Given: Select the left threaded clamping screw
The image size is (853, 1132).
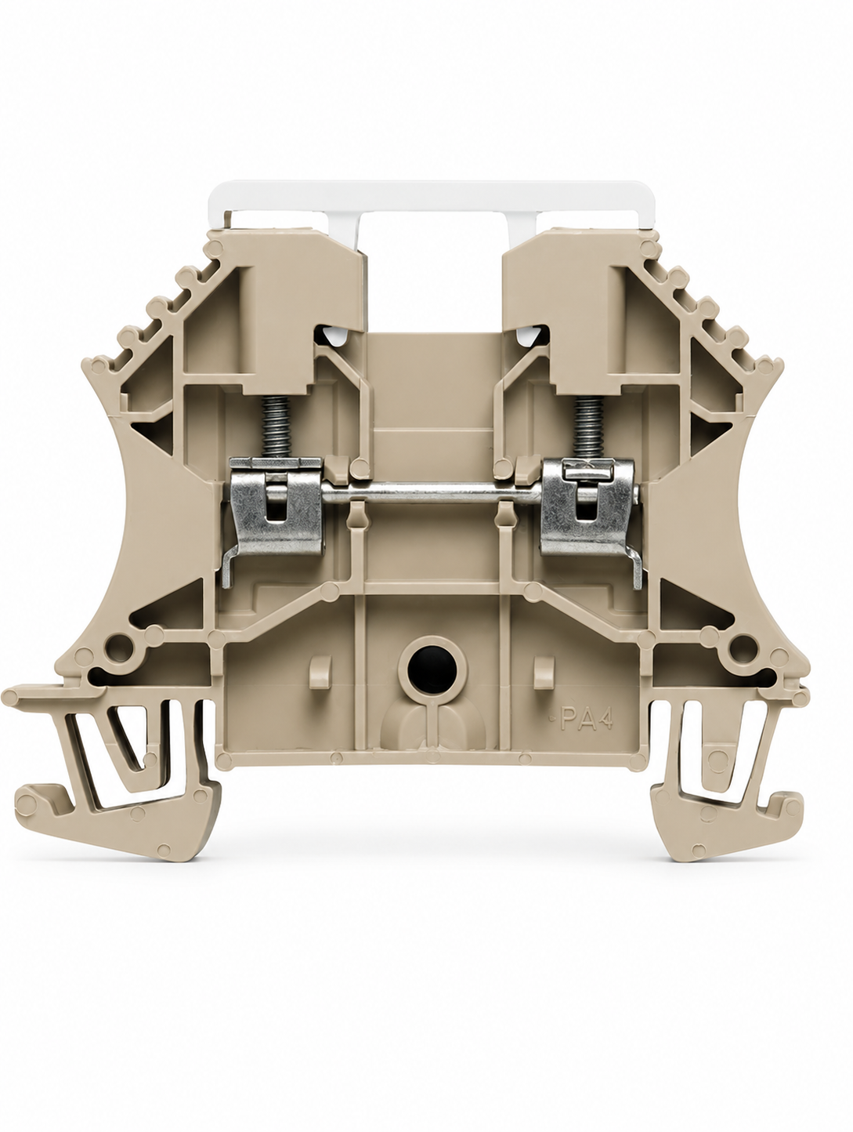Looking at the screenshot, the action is pyautogui.click(x=276, y=429).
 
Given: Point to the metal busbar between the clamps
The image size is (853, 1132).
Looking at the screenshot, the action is pyautogui.click(x=432, y=494).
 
